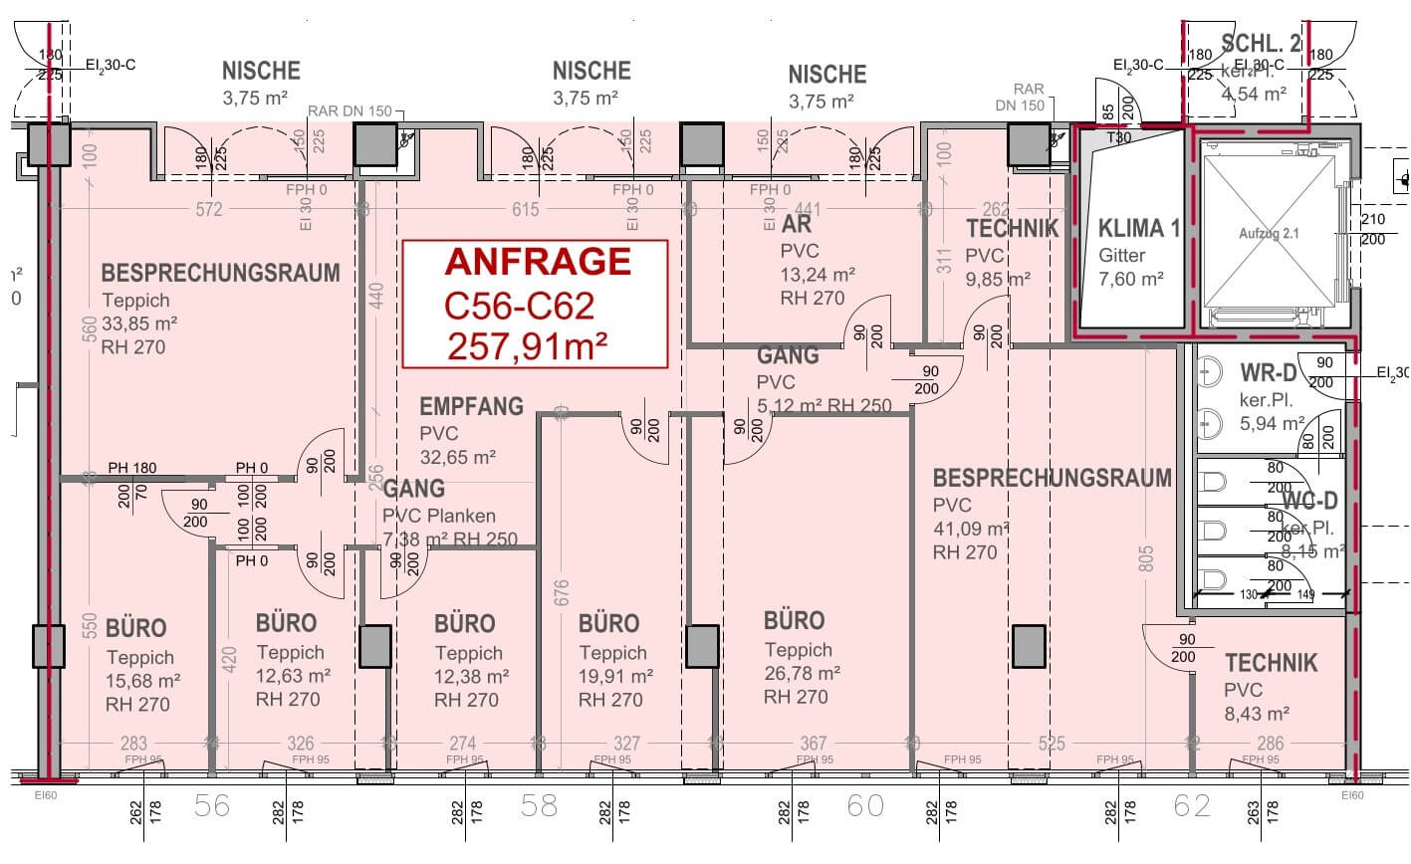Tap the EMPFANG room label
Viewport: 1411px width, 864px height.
[471, 406]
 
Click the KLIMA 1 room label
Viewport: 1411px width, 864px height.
[1139, 229]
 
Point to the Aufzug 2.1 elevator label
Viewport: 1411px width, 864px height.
[1270, 233]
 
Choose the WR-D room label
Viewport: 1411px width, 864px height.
[1268, 372]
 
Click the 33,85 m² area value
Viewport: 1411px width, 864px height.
[139, 324]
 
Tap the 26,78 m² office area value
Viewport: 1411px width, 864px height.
[802, 673]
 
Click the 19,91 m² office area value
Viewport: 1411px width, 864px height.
[616, 676]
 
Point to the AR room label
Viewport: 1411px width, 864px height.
[797, 225]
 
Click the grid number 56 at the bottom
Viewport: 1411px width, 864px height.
[212, 805]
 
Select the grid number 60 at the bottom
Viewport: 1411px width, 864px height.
[864, 805]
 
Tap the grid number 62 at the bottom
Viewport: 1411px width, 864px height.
[1192, 805]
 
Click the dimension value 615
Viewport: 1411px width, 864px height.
[525, 210]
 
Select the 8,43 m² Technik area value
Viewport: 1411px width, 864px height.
[1257, 713]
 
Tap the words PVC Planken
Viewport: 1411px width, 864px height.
[438, 516]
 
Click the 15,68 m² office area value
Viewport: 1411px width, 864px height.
[142, 681]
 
